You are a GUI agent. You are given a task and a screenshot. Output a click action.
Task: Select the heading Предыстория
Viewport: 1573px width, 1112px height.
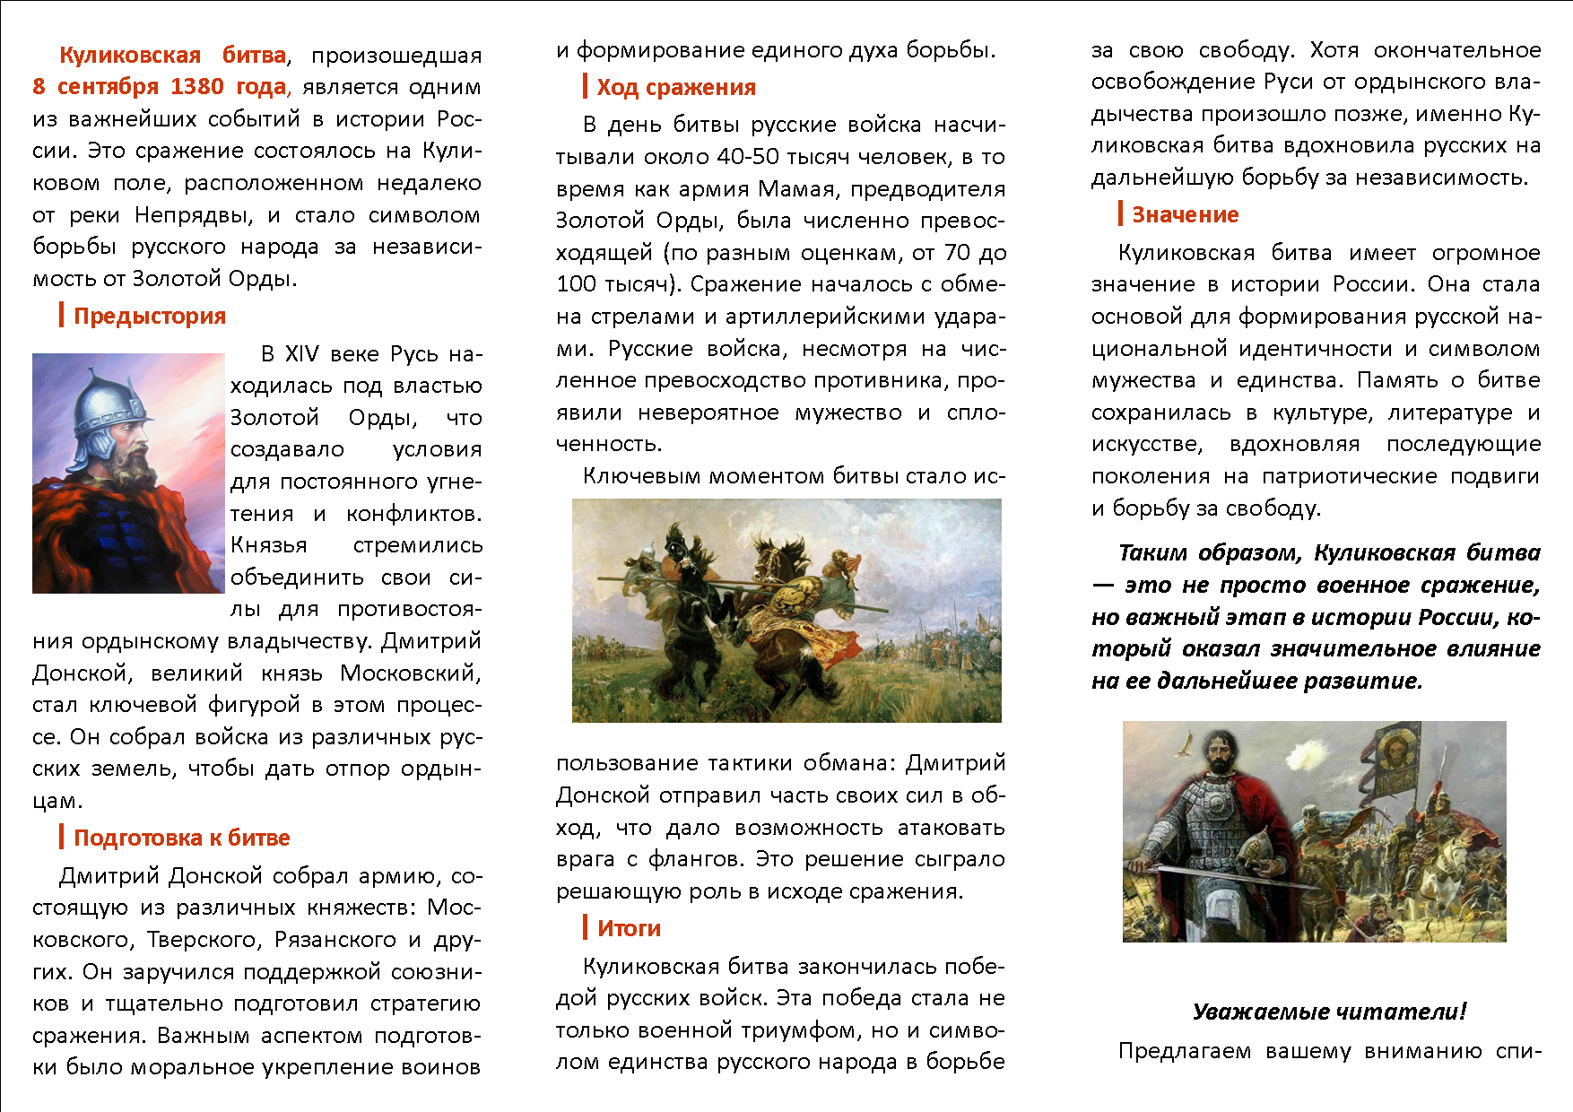[x=150, y=316]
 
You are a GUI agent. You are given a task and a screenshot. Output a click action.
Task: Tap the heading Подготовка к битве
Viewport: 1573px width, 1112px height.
[x=182, y=838]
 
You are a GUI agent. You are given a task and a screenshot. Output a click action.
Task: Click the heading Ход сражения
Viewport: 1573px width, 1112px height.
[x=676, y=87]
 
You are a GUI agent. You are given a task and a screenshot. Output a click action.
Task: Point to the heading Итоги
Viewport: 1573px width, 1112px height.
[x=629, y=928]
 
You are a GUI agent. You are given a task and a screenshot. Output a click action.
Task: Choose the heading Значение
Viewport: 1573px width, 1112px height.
[x=1185, y=214]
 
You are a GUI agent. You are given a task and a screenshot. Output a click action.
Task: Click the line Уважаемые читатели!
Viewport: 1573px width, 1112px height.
[x=1329, y=1012]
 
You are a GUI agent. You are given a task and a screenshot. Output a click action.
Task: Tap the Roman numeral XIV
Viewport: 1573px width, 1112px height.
[x=302, y=354]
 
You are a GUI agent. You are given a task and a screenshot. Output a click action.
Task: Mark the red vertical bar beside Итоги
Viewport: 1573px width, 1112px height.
[x=585, y=927]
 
